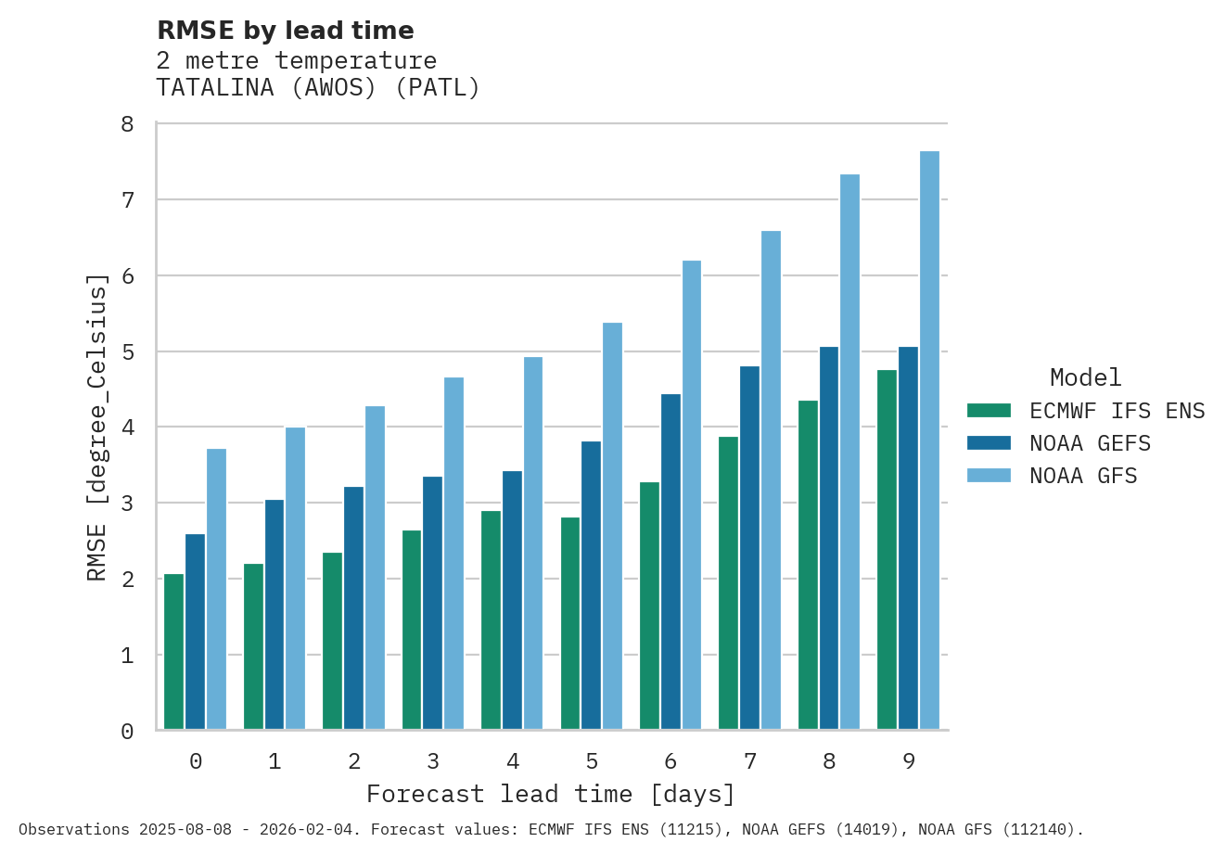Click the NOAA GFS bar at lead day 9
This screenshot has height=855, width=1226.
point(929,440)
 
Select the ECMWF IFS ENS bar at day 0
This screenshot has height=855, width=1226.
point(173,652)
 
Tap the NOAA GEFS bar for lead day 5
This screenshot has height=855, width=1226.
point(591,585)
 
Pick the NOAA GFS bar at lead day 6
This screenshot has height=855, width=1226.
point(692,495)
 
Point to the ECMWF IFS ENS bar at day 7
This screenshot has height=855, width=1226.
point(728,583)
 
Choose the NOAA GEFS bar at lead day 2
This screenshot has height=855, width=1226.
point(353,608)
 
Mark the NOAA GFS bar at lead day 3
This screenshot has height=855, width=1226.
point(453,554)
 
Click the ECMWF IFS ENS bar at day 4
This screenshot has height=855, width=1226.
point(491,620)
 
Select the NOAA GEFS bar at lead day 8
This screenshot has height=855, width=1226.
point(829,538)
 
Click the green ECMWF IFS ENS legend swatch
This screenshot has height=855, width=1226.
point(989,411)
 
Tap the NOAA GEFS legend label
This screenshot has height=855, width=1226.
point(1090,443)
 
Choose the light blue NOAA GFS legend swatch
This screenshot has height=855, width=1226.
point(989,476)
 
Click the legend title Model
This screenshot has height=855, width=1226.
point(1085,377)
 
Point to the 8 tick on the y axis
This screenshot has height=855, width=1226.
point(127,124)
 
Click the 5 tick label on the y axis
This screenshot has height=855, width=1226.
point(127,352)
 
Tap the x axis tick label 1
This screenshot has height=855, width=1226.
point(275,762)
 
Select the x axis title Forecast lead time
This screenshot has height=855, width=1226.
point(551,795)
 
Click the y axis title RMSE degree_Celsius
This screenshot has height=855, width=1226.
point(96,427)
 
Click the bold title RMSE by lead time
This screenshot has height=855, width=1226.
point(286,31)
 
